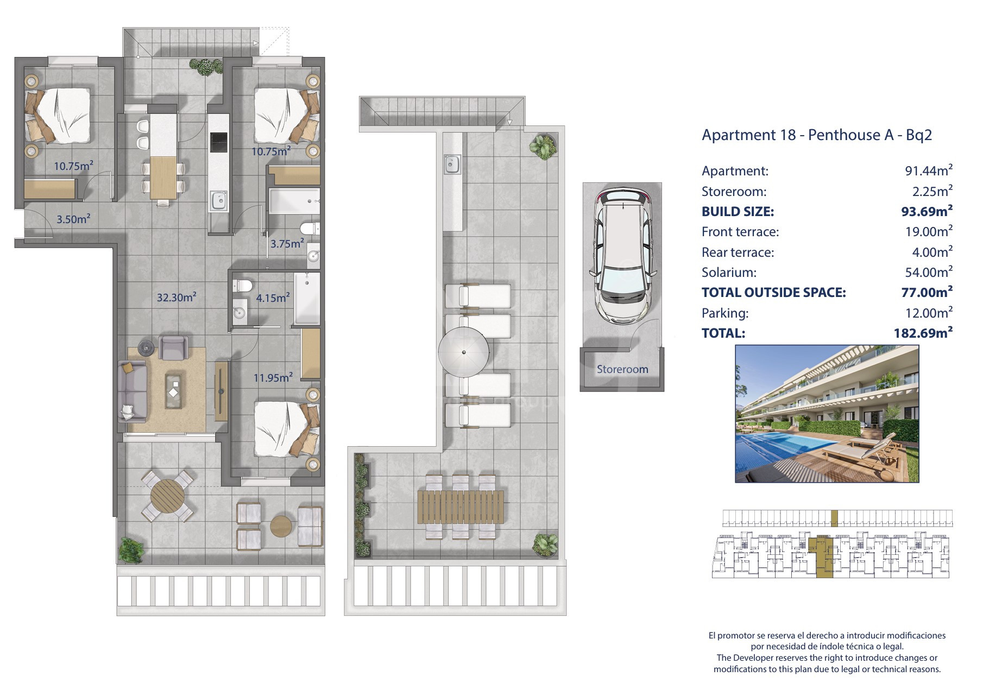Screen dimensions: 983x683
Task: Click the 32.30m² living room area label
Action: (x=177, y=297)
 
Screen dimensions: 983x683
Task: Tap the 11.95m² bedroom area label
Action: (x=273, y=377)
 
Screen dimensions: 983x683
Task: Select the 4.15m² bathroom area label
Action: (x=273, y=298)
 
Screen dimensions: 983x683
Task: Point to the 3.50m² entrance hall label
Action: (x=73, y=219)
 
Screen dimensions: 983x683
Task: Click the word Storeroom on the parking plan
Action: (x=622, y=369)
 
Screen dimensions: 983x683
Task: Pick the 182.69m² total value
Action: (x=923, y=333)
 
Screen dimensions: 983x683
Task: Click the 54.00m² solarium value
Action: (x=927, y=272)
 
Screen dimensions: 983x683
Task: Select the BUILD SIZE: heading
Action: (x=738, y=212)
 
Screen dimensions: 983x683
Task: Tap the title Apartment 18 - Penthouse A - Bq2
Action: (x=817, y=135)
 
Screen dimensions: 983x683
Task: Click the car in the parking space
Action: (x=622, y=255)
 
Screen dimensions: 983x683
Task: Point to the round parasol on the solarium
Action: (x=464, y=352)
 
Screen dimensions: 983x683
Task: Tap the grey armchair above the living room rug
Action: (x=174, y=347)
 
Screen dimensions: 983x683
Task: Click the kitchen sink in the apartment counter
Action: (x=219, y=200)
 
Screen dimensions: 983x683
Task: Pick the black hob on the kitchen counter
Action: (x=219, y=142)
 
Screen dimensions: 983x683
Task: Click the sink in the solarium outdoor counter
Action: (x=452, y=164)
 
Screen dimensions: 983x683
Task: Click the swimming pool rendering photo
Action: (x=827, y=414)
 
